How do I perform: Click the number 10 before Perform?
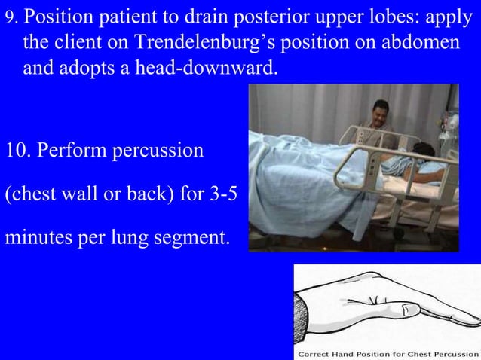(17, 150)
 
